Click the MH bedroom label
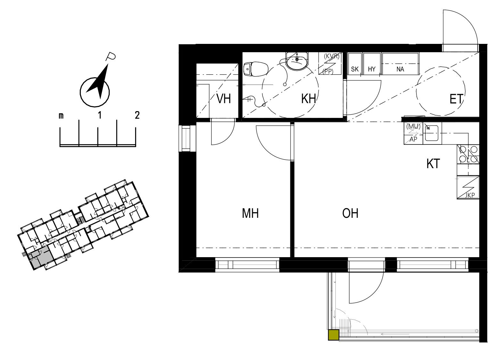pos(250,213)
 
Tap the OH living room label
pos(350,213)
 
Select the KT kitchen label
pos(433,164)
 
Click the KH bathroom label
pos(309,99)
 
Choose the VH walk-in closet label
pos(224,99)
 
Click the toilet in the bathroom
pos(256,69)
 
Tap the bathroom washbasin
pos(297,61)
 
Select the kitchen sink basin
pos(432,133)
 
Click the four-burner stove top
pos(468,154)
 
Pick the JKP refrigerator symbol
pos(468,187)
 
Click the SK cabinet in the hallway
pos(355,64)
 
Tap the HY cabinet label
pos(372,69)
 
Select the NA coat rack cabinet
pos(400,64)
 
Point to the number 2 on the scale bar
pos(137,115)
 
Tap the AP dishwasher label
pos(413,139)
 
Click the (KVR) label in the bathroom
pos(332,56)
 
